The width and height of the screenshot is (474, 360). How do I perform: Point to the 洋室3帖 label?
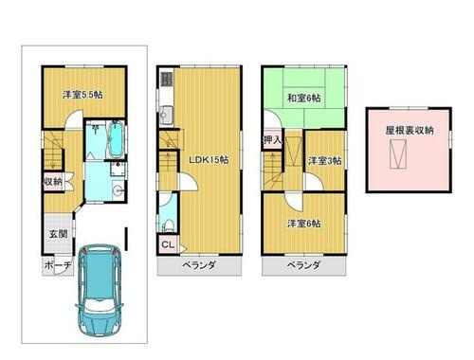pyautogui.click(x=324, y=161)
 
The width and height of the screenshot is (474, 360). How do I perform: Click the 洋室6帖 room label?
pyautogui.click(x=302, y=223)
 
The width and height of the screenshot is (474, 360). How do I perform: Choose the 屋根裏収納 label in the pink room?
pyautogui.click(x=410, y=130)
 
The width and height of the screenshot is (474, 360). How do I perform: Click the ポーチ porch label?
pyautogui.click(x=57, y=266)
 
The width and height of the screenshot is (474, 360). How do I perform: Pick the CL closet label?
pyautogui.click(x=167, y=246)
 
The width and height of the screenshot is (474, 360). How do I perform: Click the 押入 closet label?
pyautogui.click(x=270, y=140)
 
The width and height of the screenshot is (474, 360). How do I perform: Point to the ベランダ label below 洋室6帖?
pyautogui.click(x=302, y=266)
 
